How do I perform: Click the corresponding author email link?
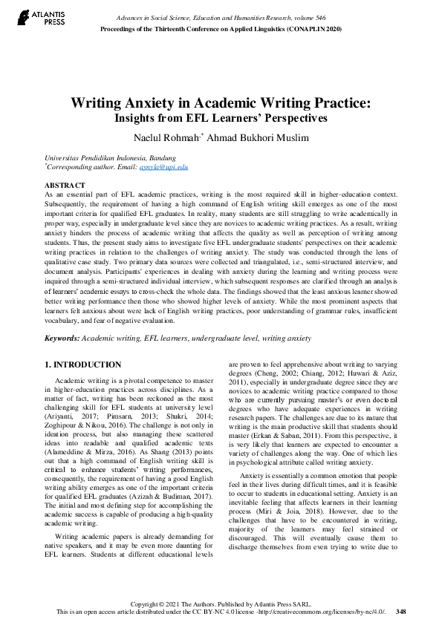(172, 168)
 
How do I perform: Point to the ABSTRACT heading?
(65, 184)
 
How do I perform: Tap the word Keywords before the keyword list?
(62, 338)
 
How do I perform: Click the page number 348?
(401, 612)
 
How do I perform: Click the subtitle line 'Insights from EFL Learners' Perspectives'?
(221, 117)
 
